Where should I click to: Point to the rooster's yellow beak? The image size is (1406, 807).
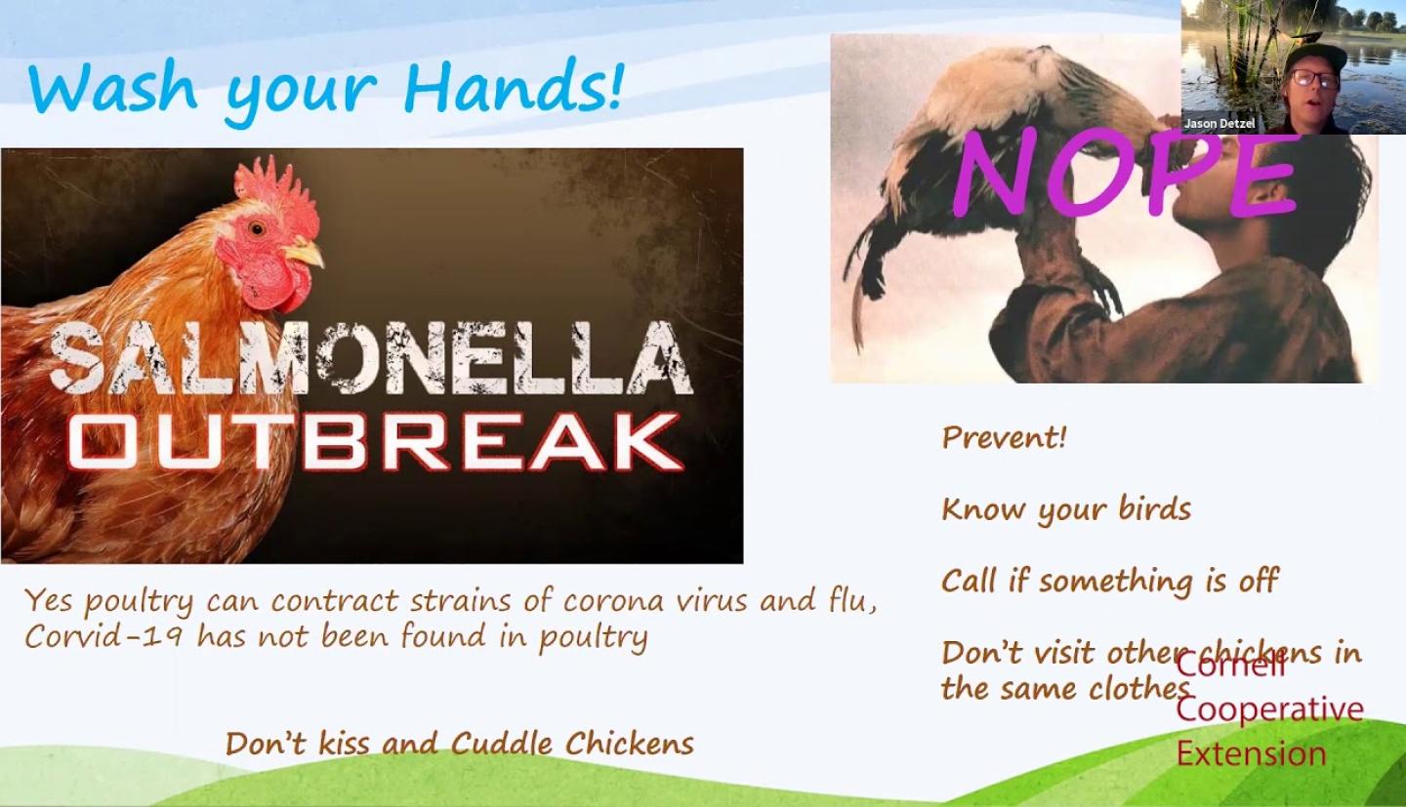click(x=304, y=253)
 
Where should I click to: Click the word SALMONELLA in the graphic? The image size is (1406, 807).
click(x=371, y=357)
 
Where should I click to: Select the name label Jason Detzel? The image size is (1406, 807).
click(x=1220, y=124)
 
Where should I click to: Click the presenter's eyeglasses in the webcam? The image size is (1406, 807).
click(x=1314, y=79)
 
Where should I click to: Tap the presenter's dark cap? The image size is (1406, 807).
click(x=1314, y=57)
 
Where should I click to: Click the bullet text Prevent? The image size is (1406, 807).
click(x=1004, y=437)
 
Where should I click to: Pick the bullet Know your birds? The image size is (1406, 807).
click(x=1066, y=510)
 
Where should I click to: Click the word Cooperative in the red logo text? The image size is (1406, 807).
click(x=1269, y=710)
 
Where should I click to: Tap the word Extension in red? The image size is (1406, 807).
click(x=1251, y=753)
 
